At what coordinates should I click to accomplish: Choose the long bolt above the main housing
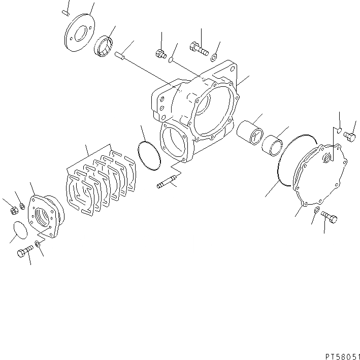pyautogui.click(x=199, y=49)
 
